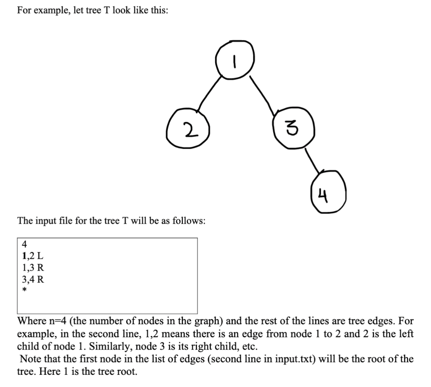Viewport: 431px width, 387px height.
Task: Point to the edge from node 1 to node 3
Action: click(x=263, y=95)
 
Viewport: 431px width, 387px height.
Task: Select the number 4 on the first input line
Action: click(x=24, y=244)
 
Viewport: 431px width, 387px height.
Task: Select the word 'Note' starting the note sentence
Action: click(x=29, y=359)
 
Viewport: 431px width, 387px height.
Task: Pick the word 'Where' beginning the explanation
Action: click(x=31, y=321)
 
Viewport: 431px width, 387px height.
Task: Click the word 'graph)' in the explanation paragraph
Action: click(x=210, y=321)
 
